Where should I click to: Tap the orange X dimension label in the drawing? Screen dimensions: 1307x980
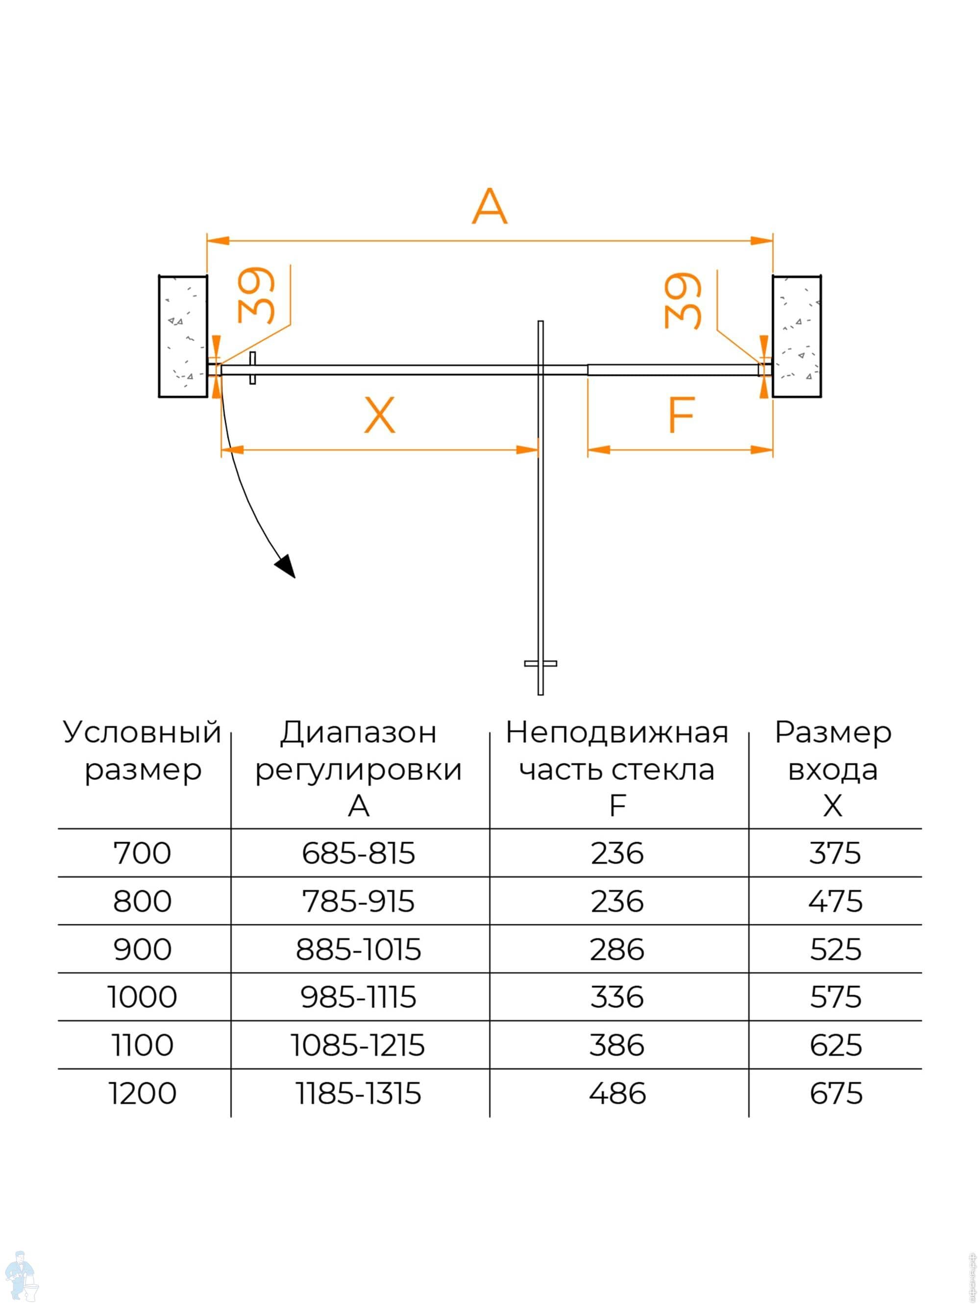pyautogui.click(x=379, y=415)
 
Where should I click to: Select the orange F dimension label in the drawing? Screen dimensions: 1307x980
pyautogui.click(x=681, y=415)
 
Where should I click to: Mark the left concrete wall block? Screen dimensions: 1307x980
pyautogui.click(x=183, y=336)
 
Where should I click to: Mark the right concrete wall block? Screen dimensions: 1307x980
pyautogui.click(x=796, y=336)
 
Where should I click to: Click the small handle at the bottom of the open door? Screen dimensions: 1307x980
pyautogui.click(x=540, y=663)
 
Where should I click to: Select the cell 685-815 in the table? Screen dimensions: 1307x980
pyautogui.click(x=358, y=853)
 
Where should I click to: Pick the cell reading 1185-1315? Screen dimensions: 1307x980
pyautogui.click(x=358, y=1093)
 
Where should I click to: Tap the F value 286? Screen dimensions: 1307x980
pyautogui.click(x=617, y=950)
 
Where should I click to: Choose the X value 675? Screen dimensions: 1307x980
pyautogui.click(x=835, y=1093)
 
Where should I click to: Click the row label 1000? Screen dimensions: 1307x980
pyautogui.click(x=143, y=997)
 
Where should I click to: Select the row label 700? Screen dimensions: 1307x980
pyautogui.click(x=143, y=853)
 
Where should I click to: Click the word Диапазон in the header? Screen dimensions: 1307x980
pyautogui.click(x=358, y=733)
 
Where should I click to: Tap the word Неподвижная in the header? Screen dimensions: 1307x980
pyautogui.click(x=617, y=733)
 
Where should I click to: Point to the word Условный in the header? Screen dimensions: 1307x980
pyautogui.click(x=143, y=733)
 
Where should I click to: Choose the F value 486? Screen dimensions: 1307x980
pyautogui.click(x=617, y=1093)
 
